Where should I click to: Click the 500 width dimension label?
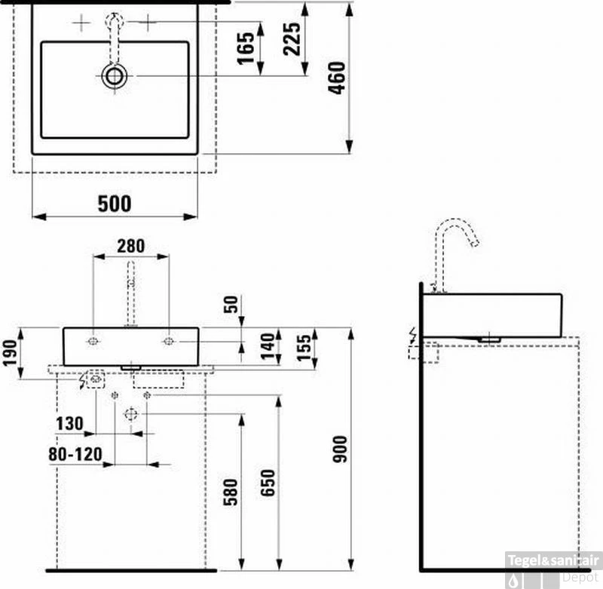tap(114, 204)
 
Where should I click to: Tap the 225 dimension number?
tap(292, 39)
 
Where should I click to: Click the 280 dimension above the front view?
tap(130, 246)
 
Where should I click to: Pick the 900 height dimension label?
tap(340, 449)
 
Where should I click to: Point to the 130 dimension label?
tap(69, 424)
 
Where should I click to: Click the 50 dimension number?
tap(231, 305)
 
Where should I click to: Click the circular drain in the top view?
tap(115, 75)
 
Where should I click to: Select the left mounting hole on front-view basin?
tap(93, 342)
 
